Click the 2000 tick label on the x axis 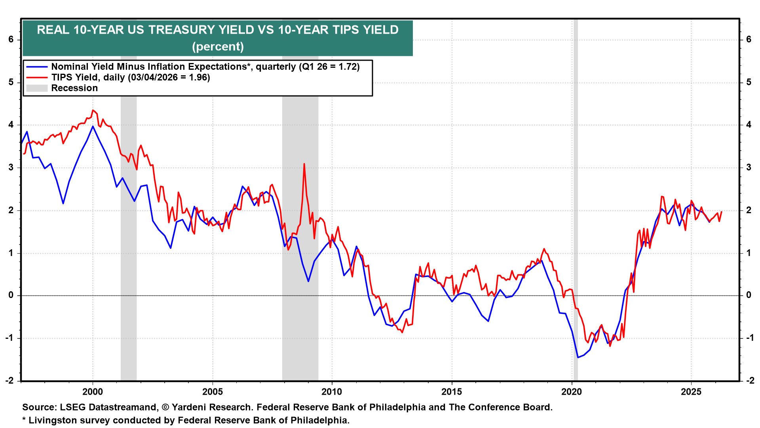[93, 392]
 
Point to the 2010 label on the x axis [332, 392]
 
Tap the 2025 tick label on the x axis [691, 392]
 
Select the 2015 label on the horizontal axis [452, 392]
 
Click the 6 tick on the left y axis [11, 39]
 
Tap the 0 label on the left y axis [11, 295]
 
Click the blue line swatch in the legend [37, 67]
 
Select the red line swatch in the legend [37, 78]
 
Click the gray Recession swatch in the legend [37, 88]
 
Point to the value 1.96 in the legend [199, 78]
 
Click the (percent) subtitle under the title [218, 47]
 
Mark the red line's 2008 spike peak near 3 [304, 164]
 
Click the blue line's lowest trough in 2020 [578, 357]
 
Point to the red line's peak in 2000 [93, 110]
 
